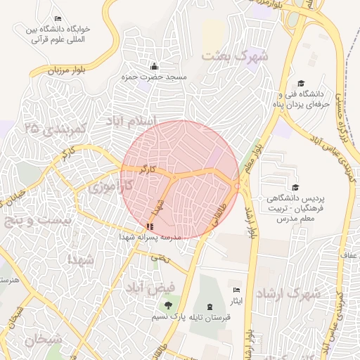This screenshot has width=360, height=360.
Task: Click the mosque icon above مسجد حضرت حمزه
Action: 154,66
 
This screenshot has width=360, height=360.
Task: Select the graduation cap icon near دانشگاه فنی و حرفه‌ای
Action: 302,83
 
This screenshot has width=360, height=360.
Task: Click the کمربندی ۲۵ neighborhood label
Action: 53,129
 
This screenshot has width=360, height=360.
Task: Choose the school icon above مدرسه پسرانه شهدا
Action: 149,227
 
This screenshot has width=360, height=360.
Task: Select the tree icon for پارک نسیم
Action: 167,305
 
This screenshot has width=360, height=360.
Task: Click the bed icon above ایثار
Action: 237,290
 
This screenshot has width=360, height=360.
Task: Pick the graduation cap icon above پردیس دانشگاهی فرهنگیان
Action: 295,188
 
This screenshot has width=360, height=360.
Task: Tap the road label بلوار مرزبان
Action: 69,70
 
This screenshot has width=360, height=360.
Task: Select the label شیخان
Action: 43,339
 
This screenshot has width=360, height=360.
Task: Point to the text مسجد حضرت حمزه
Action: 162,77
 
